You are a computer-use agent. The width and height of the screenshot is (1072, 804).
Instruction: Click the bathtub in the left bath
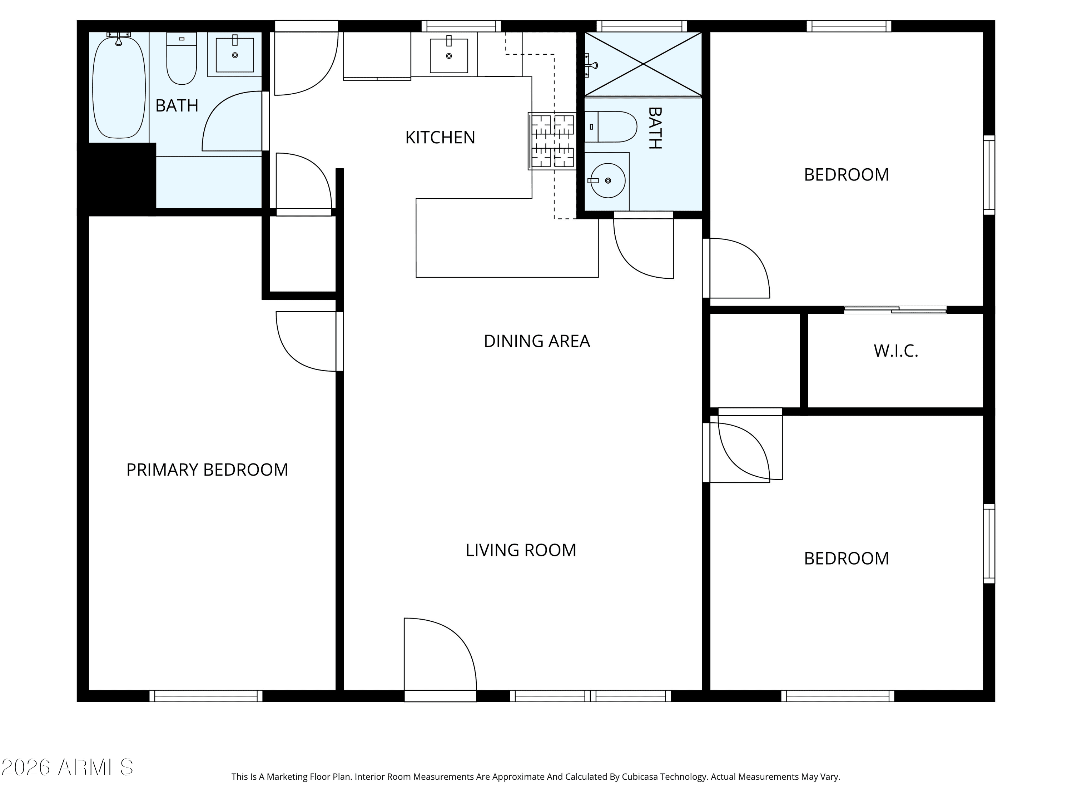pyautogui.click(x=119, y=87)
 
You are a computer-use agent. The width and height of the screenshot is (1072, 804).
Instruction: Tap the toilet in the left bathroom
pyautogui.click(x=182, y=58)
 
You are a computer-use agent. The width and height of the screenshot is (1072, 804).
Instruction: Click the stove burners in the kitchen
pyautogui.click(x=552, y=141)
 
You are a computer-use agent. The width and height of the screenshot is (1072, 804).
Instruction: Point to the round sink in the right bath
pyautogui.click(x=608, y=180)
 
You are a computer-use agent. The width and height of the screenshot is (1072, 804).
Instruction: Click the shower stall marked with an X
pyautogui.click(x=643, y=64)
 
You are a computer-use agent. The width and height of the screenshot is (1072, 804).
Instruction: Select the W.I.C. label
pyautogui.click(x=895, y=351)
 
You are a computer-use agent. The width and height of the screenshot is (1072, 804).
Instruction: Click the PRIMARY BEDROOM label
pyautogui.click(x=207, y=470)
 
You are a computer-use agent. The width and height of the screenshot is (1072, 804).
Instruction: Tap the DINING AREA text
pyautogui.click(x=536, y=341)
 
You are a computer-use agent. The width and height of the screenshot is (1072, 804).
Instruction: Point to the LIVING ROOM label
pyautogui.click(x=521, y=550)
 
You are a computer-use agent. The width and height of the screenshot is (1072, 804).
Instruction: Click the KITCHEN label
pyautogui.click(x=440, y=138)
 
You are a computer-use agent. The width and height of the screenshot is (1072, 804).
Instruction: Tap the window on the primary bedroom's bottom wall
pyautogui.click(x=206, y=696)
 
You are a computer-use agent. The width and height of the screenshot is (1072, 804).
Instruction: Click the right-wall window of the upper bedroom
pyautogui.click(x=989, y=175)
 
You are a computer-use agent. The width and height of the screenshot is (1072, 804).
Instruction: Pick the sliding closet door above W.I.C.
pyautogui.click(x=895, y=310)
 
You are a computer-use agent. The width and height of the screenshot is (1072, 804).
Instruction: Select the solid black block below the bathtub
pyautogui.click(x=117, y=177)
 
